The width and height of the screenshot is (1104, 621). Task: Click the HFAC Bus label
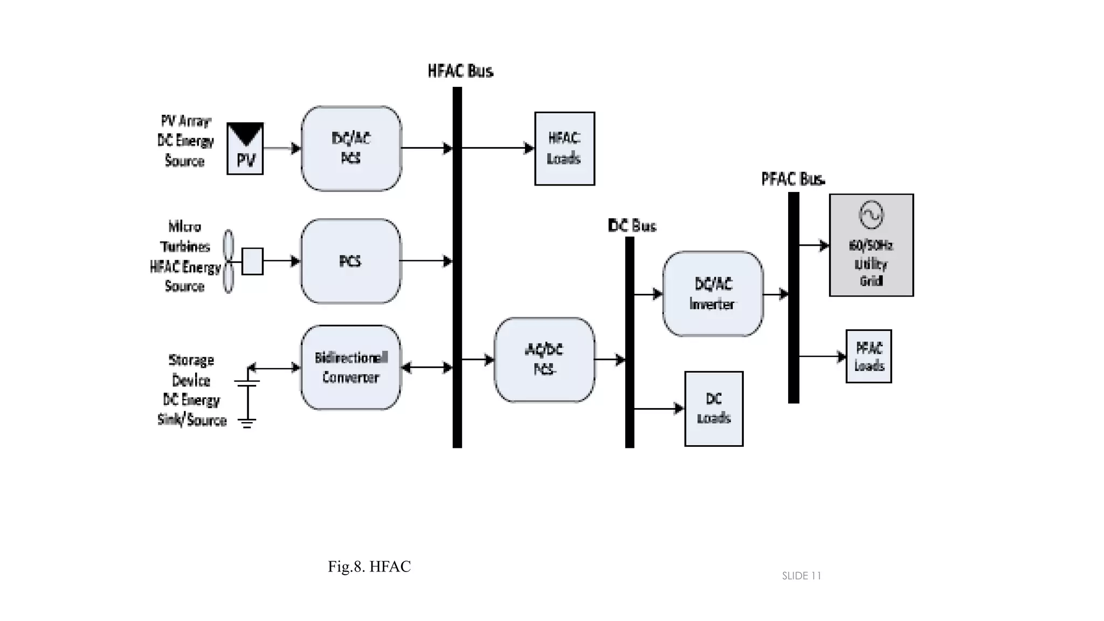[460, 71]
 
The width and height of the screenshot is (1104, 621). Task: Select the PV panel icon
[245, 148]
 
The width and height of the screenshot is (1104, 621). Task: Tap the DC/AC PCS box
[351, 148]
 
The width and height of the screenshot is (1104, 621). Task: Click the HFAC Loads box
[564, 149]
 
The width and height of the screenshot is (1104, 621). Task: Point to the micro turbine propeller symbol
[229, 261]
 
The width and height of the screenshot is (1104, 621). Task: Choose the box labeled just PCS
[350, 261]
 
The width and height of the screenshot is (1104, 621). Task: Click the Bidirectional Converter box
[350, 368]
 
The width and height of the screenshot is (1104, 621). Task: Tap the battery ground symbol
[247, 422]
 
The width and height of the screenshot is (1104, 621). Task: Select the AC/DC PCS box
[544, 360]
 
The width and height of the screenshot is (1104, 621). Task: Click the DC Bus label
[632, 226]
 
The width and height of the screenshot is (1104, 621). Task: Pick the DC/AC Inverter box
[713, 294]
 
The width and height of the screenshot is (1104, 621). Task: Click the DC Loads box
[714, 409]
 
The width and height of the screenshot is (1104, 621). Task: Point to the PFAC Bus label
[792, 179]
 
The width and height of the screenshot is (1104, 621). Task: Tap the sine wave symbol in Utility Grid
[871, 215]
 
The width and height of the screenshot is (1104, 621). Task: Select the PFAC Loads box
[868, 356]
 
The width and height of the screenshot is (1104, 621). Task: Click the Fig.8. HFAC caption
[369, 567]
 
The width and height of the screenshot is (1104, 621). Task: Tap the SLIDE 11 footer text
[801, 576]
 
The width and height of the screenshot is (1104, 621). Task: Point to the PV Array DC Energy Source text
[185, 141]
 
